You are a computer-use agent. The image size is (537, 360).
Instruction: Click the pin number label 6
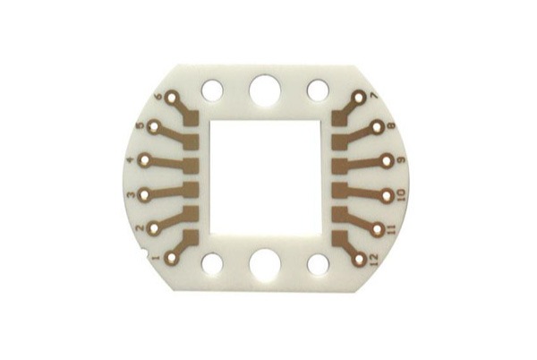click(x=158, y=97)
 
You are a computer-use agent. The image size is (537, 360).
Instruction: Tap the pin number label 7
click(x=373, y=96)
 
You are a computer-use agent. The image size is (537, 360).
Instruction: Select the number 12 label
click(x=373, y=261)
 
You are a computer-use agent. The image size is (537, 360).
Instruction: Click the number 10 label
click(x=401, y=194)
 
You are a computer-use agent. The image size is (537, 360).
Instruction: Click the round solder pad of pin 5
click(x=154, y=128)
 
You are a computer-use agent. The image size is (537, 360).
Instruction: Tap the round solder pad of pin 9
click(x=387, y=160)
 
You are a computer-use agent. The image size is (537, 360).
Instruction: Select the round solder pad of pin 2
click(x=153, y=228)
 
